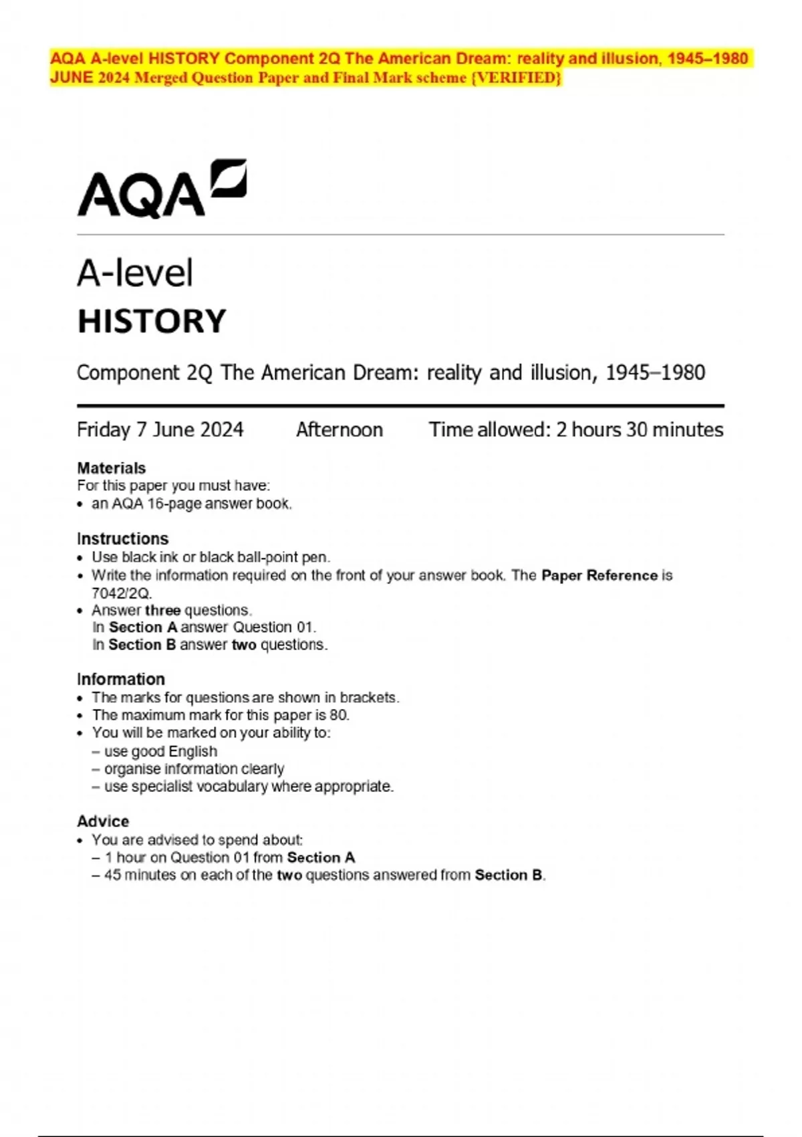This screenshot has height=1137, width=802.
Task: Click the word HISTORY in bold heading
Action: point(152,321)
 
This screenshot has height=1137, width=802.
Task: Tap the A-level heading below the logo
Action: point(135,273)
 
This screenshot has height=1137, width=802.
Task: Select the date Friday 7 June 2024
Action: point(160,429)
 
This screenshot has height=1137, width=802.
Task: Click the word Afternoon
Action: point(340,429)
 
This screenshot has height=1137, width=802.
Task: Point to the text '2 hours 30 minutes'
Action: point(640,429)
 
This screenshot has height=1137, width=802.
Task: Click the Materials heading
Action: point(111,468)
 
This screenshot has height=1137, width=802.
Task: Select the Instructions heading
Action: point(122,539)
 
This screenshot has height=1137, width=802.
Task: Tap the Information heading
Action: point(120,680)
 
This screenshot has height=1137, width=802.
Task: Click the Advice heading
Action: point(103,821)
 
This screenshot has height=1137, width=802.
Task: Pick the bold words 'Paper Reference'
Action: point(599,575)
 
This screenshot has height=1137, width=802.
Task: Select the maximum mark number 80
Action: point(339,715)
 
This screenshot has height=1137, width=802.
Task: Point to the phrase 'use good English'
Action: point(160,751)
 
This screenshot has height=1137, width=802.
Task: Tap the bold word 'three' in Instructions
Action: point(162,610)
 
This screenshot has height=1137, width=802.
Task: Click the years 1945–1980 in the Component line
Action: point(655,373)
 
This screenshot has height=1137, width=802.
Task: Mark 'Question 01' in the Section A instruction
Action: point(273,627)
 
